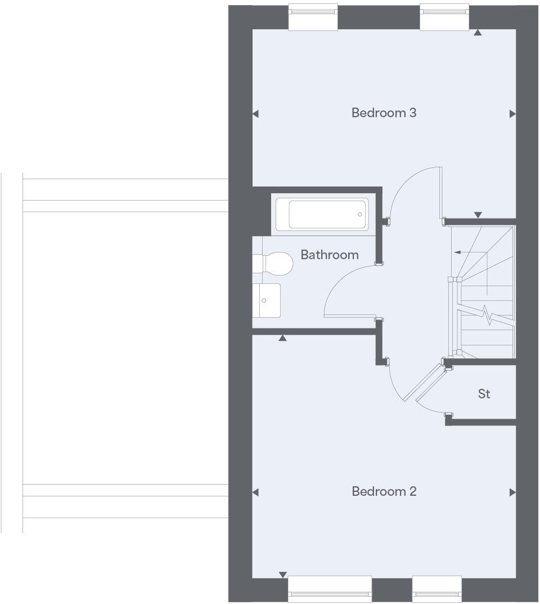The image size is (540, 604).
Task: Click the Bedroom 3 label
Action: [384, 113]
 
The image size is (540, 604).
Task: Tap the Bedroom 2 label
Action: [384, 491]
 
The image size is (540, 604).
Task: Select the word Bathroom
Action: [329, 255]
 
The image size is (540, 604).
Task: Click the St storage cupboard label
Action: [484, 394]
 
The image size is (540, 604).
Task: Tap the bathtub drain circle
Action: [360, 215]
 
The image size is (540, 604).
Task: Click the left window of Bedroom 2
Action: [330, 589]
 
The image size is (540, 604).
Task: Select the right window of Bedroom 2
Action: [437, 589]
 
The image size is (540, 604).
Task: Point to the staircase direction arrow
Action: [458, 252]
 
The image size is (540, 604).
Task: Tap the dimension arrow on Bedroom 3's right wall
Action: [512, 114]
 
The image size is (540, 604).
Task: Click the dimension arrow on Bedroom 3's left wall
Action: [255, 114]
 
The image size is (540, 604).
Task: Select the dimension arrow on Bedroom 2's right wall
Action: [512, 492]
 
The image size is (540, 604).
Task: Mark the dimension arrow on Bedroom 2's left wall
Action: [255, 492]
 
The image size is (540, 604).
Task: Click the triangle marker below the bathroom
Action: [282, 338]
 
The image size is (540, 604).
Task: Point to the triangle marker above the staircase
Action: [478, 215]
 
